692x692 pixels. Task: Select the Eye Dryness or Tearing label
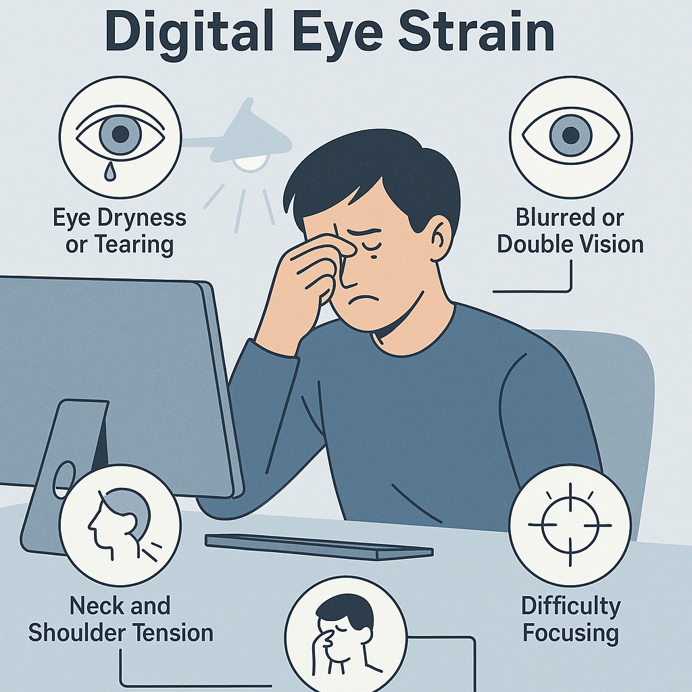point(120,231)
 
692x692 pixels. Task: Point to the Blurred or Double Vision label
point(570,231)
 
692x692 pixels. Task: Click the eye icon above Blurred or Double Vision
point(570,132)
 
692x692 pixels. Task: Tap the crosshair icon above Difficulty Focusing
point(570,524)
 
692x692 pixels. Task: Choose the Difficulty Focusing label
point(570,620)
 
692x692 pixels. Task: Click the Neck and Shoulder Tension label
point(121,620)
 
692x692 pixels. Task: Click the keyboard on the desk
point(318,546)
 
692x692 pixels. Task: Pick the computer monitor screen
point(101,365)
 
